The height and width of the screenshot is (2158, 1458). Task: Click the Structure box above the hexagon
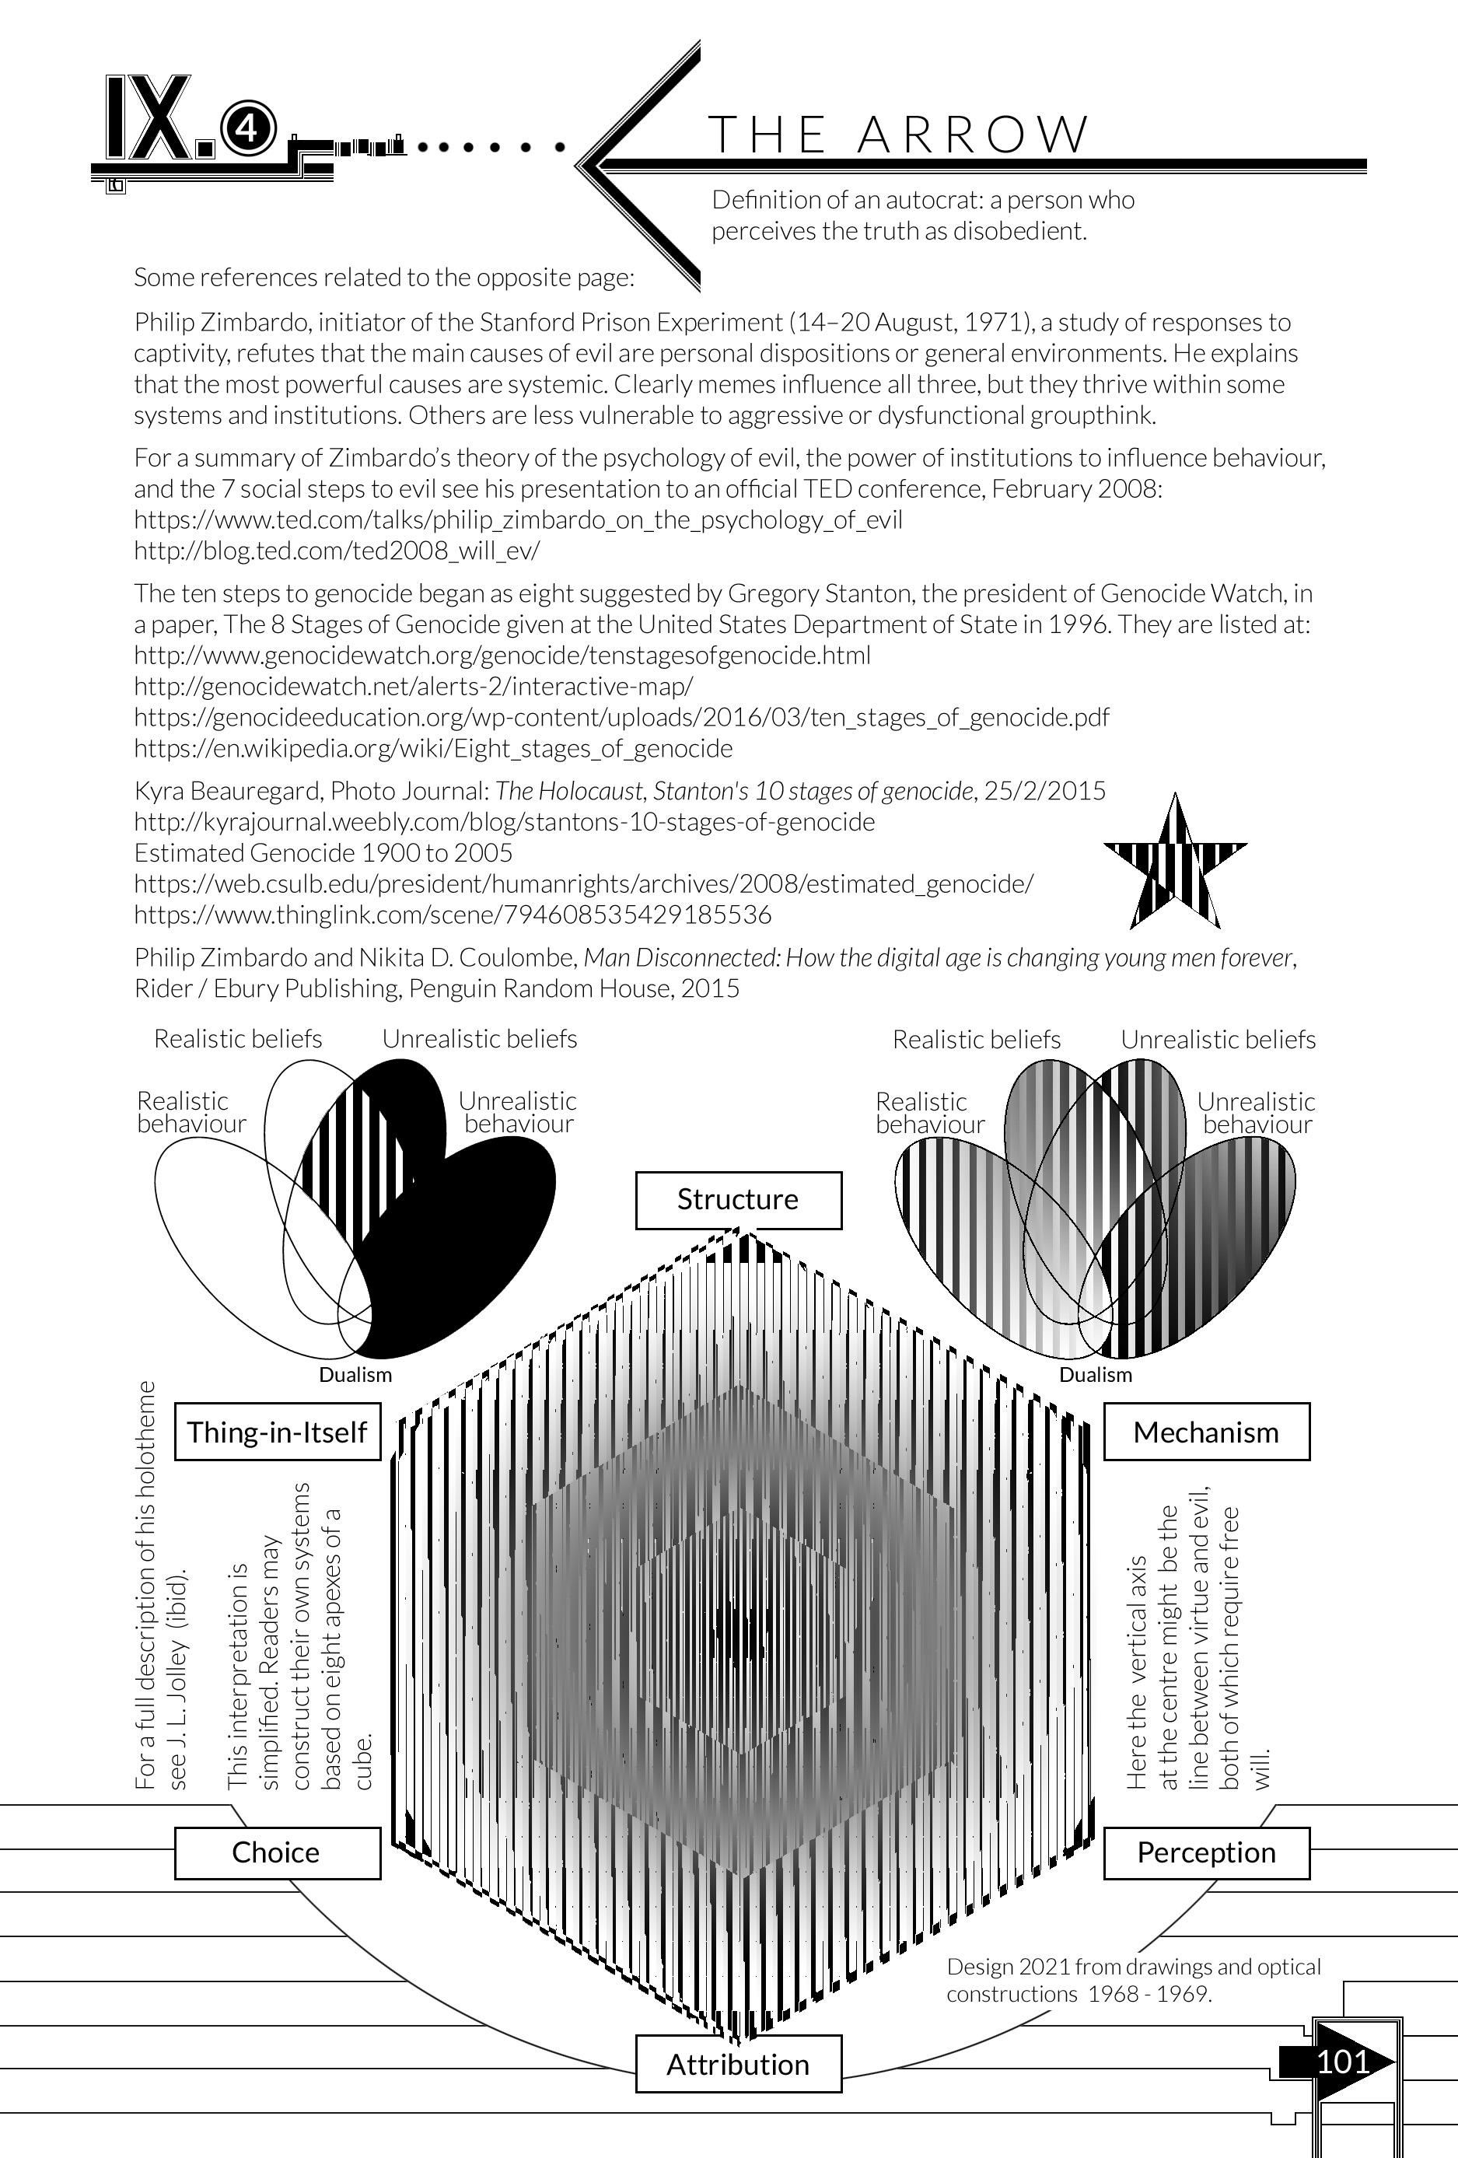coord(738,1200)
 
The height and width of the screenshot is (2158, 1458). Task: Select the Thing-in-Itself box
coord(278,1432)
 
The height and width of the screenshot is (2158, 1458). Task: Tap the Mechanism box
coord(1205,1432)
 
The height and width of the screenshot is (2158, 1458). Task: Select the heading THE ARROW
coord(898,135)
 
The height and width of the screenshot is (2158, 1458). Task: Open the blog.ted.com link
coord(336,551)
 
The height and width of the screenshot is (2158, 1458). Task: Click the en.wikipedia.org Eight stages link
coord(433,748)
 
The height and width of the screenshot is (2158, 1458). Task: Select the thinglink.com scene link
coord(453,915)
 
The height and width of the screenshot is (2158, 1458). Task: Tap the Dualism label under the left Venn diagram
coord(355,1374)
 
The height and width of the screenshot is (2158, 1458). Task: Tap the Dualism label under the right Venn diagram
coord(1096,1374)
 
